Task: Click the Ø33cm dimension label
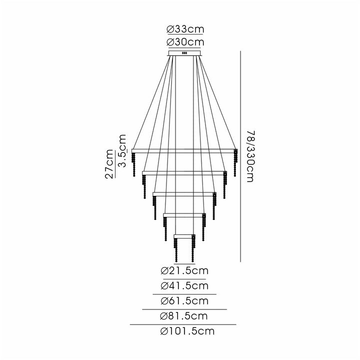point(184,29)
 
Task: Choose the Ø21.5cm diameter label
point(184,270)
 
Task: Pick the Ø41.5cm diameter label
point(184,285)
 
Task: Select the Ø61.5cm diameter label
point(184,301)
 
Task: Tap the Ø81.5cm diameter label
point(184,316)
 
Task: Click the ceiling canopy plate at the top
point(184,53)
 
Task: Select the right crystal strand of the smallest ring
point(192,249)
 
